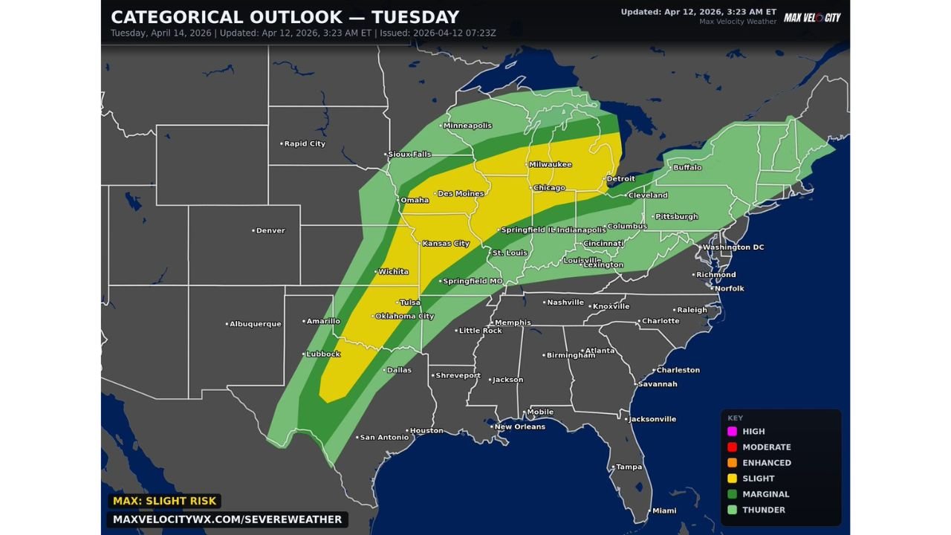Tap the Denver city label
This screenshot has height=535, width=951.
[270, 230]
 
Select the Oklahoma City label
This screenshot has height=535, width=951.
[405, 316]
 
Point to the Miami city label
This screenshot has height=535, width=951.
[664, 510]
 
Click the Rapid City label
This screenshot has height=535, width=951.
[305, 143]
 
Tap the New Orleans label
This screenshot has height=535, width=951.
[520, 427]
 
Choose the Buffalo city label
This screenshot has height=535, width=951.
[687, 167]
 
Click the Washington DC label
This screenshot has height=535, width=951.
[733, 247]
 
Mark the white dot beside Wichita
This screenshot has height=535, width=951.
[375, 272]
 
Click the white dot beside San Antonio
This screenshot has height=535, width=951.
[357, 438]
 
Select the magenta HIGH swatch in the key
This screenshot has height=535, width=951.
[732, 431]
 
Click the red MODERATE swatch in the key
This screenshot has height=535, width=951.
[732, 447]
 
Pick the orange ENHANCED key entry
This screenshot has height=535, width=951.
[766, 462]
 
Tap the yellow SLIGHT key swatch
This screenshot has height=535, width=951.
[732, 479]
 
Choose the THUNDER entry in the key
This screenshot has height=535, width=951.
[763, 510]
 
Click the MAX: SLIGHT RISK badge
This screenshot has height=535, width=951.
[165, 502]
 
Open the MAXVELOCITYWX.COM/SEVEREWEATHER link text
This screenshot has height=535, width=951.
[227, 519]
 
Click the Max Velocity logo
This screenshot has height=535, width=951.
[812, 17]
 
